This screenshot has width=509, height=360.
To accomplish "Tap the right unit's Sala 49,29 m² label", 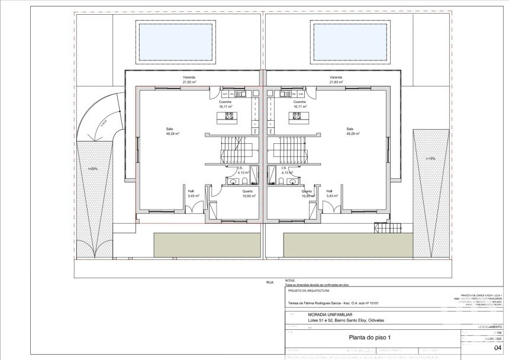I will point(350,131).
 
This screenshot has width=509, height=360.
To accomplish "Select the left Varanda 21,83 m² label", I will point(189,79).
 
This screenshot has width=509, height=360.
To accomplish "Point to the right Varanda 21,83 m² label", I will point(336,79).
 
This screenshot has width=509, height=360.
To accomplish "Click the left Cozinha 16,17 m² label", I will point(225,104).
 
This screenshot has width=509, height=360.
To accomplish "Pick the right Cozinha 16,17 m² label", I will point(299,104).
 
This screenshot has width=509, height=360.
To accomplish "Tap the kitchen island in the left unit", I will point(225,118).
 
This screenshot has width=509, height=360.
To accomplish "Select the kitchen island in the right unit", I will point(297,118).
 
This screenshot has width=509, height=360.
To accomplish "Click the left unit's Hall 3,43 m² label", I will point(192,193).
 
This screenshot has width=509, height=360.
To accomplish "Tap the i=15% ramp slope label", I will point(430,159).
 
